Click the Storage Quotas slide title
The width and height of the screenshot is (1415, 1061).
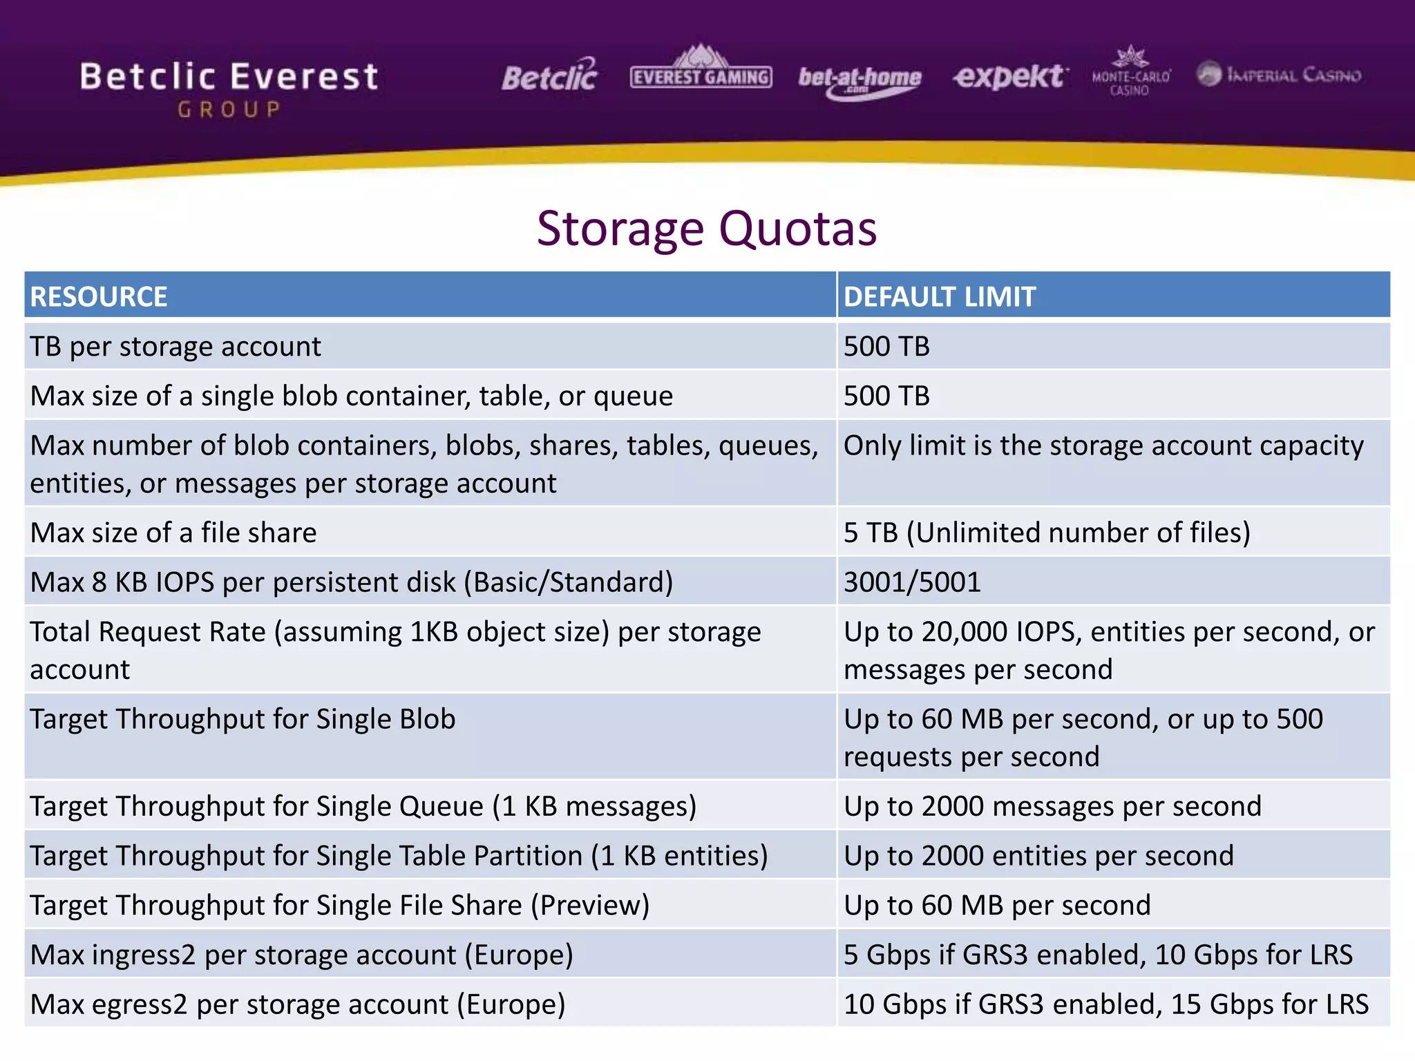tap(707, 229)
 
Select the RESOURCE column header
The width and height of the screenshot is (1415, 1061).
tap(99, 297)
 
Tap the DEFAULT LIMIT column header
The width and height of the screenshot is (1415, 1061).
tap(939, 297)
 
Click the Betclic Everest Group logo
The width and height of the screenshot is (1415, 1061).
tap(229, 88)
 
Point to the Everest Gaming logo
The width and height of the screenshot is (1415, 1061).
tap(701, 69)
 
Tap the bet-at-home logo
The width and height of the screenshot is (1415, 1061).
tap(860, 79)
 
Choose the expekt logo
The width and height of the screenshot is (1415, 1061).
tap(1010, 76)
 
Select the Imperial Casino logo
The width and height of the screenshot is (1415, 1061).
tap(1279, 75)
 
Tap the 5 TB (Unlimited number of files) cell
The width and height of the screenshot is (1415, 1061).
tap(1047, 533)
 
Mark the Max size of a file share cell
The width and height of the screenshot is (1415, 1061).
tap(173, 533)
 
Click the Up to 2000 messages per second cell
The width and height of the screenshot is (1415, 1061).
tap(1052, 806)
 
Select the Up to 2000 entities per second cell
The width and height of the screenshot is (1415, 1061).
tap(1038, 856)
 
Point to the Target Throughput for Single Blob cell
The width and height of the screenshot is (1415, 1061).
tap(243, 720)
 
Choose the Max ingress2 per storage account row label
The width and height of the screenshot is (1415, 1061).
tap(302, 955)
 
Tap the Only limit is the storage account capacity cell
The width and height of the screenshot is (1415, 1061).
tap(1103, 446)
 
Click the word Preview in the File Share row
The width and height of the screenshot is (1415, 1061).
tap(590, 906)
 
